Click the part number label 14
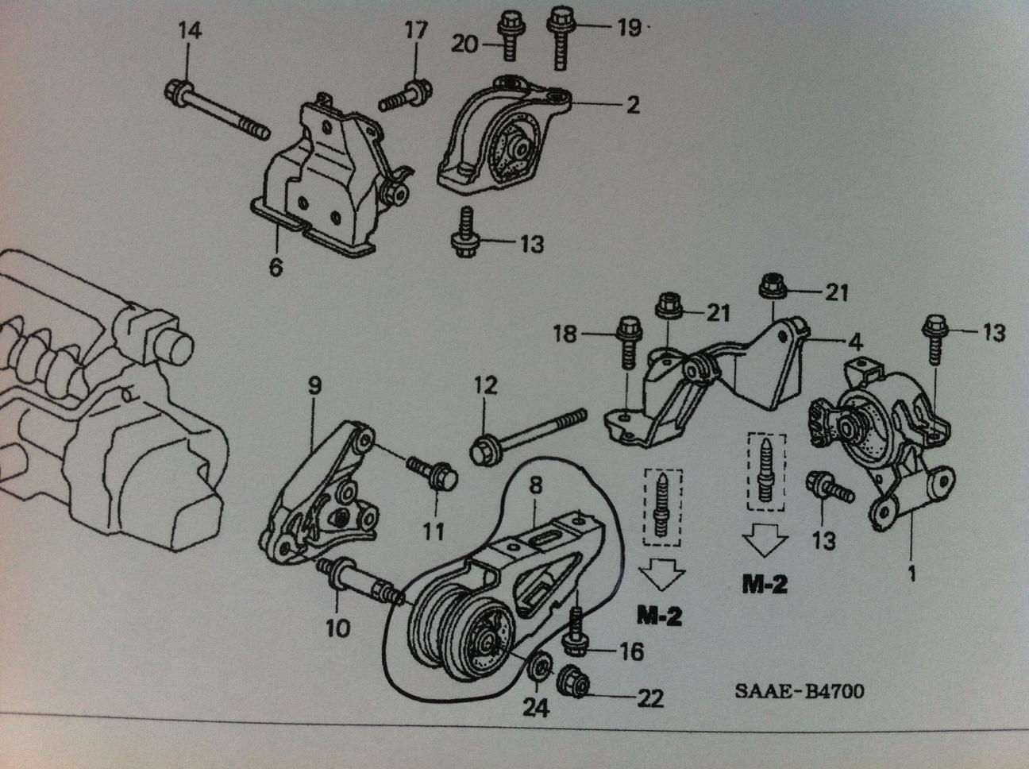click(x=189, y=33)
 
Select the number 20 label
click(x=465, y=44)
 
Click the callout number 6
click(x=275, y=268)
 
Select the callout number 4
click(x=854, y=344)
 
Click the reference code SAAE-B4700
click(x=799, y=691)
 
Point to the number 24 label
click(x=535, y=706)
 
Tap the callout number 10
click(x=337, y=629)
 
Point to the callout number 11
click(x=434, y=530)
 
